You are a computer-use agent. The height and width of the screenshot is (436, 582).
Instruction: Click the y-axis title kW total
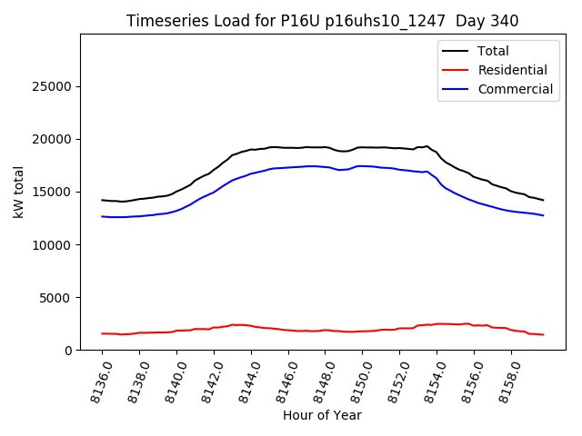tap(18, 192)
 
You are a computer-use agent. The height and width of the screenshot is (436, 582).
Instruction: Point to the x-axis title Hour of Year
tap(322, 415)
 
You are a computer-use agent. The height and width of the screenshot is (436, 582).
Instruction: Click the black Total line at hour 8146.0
tap(288, 147)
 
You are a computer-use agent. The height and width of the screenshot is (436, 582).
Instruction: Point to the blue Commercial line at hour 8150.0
tap(363, 166)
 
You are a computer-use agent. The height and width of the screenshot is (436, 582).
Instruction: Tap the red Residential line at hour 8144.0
tap(251, 326)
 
